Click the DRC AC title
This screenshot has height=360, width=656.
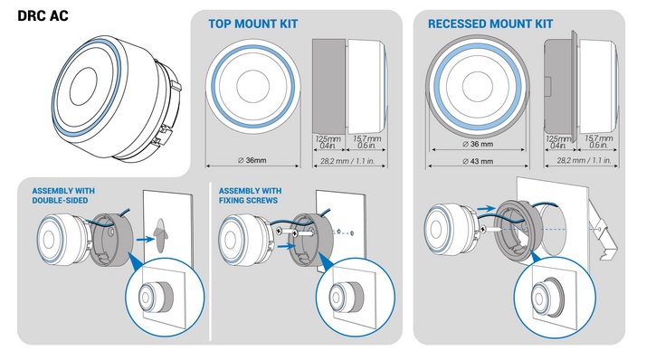tap(43, 16)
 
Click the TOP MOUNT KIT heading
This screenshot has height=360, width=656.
tap(253, 24)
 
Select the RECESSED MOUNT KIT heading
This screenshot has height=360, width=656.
tap(490, 24)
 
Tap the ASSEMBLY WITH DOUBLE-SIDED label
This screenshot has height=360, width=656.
tap(63, 195)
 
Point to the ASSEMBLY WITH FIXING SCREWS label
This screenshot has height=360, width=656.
tap(250, 195)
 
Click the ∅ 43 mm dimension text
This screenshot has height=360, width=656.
tap(478, 161)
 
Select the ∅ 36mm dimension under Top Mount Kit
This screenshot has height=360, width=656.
tap(252, 160)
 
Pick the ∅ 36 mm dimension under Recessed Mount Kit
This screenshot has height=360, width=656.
tap(478, 144)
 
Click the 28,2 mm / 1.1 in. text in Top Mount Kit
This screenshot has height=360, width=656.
tap(347, 161)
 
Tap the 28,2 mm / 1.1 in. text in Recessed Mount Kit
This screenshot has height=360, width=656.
tap(584, 160)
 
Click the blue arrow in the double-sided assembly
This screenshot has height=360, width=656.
tap(145, 240)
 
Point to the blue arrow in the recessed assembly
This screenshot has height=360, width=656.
tap(487, 208)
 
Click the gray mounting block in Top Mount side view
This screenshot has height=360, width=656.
tap(329, 85)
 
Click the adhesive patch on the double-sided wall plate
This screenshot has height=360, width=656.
tap(160, 235)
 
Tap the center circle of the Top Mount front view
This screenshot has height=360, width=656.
tap(252, 86)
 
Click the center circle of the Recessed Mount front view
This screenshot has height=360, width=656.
tap(478, 86)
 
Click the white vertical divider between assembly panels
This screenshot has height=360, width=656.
tap(210, 261)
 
